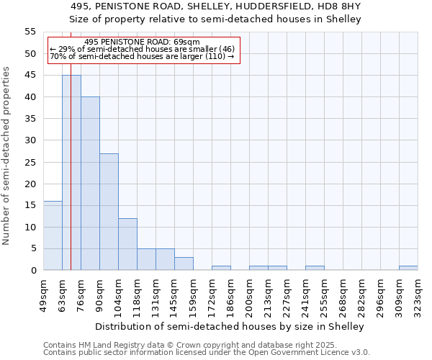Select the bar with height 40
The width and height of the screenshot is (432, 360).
(90, 184)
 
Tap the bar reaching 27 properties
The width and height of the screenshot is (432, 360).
(109, 212)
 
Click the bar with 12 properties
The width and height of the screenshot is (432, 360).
(127, 244)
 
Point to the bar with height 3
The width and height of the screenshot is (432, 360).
(184, 264)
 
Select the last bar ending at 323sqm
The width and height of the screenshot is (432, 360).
(408, 268)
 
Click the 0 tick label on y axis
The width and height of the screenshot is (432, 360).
(33, 271)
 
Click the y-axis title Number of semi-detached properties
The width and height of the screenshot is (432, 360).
(6, 156)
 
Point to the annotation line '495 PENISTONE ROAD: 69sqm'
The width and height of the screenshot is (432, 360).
(142, 42)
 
